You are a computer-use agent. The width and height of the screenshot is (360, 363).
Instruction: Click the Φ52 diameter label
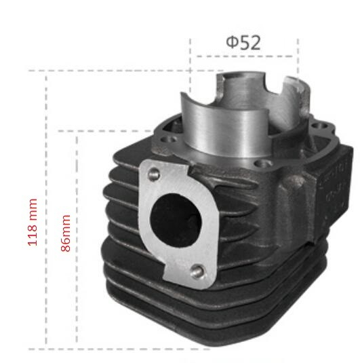tap(243, 43)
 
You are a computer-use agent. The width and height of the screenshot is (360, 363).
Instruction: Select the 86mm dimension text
tap(66, 234)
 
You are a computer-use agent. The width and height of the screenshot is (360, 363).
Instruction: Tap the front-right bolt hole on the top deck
tap(261, 164)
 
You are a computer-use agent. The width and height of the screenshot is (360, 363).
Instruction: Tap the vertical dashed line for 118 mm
tap(46, 204)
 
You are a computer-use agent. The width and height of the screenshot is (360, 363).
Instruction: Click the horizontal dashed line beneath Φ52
tap(244, 56)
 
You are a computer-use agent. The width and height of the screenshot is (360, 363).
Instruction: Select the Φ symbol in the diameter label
tap(232, 43)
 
